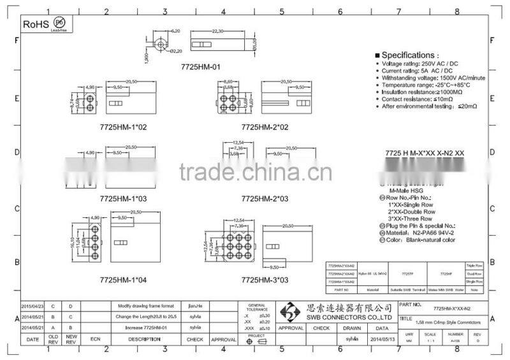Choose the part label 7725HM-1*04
pos(123,280)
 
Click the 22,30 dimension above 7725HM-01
pos(217,31)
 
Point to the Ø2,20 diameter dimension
pos(177,51)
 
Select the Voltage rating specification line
pos(421,64)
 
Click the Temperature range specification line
pos(426,85)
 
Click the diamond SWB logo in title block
pos(290,312)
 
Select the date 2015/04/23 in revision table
pos(33,306)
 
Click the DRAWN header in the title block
pos(352,328)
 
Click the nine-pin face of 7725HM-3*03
pos(229,241)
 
